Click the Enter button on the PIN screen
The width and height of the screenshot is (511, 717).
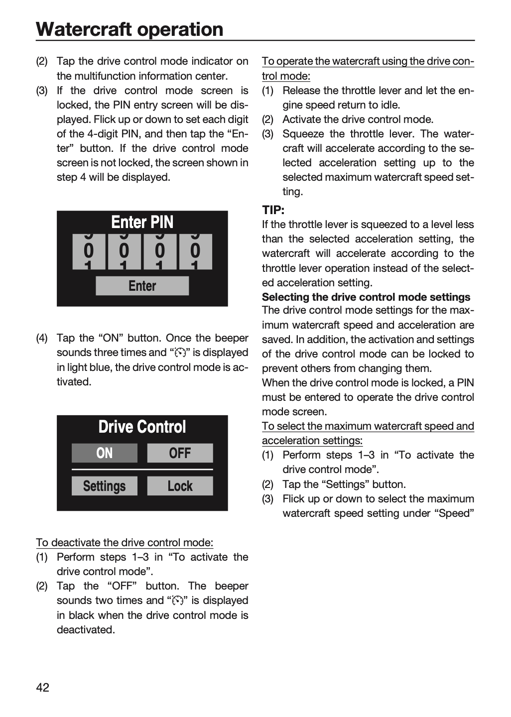pyautogui.click(x=142, y=285)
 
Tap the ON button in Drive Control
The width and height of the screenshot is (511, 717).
pyautogui.click(x=105, y=453)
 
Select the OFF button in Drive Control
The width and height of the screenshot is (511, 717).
pyautogui.click(x=180, y=453)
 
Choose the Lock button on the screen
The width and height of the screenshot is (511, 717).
pyautogui.click(x=180, y=486)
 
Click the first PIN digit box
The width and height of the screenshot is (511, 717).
pyautogui.click(x=89, y=251)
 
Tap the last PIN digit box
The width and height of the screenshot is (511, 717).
pyautogui.click(x=195, y=251)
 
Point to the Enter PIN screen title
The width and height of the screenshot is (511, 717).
pyautogui.click(x=142, y=222)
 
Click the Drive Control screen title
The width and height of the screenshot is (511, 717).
pyautogui.click(x=142, y=427)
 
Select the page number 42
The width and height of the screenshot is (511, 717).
pyautogui.click(x=43, y=688)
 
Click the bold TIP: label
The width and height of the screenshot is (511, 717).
pyautogui.click(x=273, y=210)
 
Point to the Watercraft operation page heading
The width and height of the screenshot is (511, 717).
pyautogui.click(x=129, y=29)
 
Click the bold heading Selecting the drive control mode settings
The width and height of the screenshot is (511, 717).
pyautogui.click(x=366, y=297)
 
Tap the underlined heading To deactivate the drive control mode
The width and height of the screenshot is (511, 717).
pyautogui.click(x=125, y=543)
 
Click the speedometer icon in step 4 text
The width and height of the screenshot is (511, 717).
pyautogui.click(x=180, y=353)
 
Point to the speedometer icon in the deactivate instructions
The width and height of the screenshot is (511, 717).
pyautogui.click(x=178, y=601)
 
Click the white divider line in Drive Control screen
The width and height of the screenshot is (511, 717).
pyautogui.click(x=142, y=470)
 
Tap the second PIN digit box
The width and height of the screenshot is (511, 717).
pyautogui.click(x=124, y=251)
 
